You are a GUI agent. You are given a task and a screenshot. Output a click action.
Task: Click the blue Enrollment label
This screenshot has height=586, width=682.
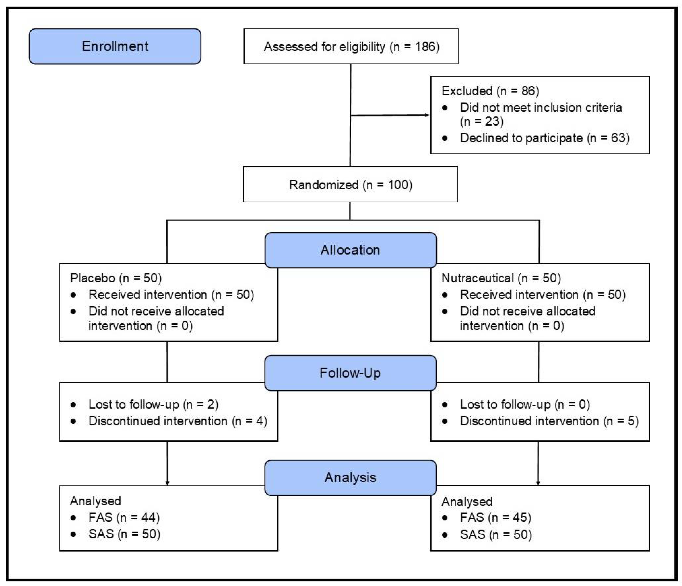pos(115,46)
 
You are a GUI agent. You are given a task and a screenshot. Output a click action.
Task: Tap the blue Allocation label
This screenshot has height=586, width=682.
pos(350,250)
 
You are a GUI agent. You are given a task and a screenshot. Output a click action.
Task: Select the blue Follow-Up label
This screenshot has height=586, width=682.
pos(350,373)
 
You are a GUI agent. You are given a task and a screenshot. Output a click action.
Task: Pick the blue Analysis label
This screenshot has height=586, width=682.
pos(350,478)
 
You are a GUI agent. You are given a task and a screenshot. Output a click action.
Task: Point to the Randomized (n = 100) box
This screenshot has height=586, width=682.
pos(350,185)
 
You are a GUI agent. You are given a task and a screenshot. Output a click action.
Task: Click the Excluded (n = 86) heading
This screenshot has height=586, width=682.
pos(490,91)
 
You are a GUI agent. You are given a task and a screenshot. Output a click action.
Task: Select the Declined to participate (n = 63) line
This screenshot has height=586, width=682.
pos(544,138)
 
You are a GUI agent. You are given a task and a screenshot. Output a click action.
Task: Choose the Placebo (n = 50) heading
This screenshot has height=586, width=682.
pos(116,278)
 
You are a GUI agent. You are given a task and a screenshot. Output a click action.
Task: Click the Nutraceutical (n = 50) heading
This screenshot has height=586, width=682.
pos(501,278)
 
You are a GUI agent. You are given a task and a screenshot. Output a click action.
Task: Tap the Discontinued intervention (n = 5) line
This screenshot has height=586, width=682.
pos(549,421)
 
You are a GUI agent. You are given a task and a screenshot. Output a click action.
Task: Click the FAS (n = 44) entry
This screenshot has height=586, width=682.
pos(124,517)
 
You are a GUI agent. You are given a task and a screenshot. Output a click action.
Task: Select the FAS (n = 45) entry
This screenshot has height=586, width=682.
pos(495,517)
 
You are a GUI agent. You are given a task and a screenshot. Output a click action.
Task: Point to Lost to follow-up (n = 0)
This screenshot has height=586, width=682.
pos(525,404)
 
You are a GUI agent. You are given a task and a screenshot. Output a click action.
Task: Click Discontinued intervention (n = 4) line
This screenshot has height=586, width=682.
pos(178,421)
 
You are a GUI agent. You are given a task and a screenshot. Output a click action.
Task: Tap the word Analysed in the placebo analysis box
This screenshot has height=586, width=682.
pos(95,501)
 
